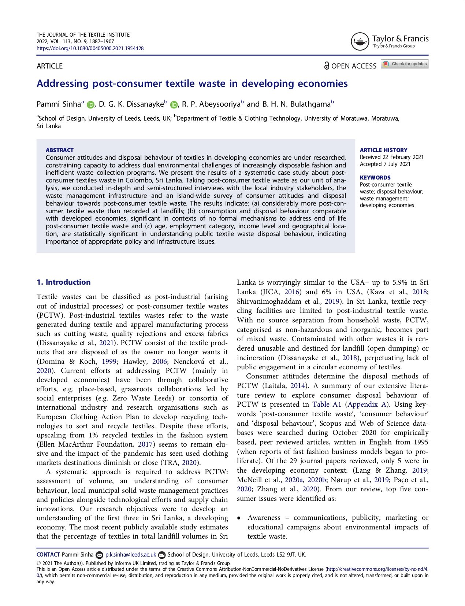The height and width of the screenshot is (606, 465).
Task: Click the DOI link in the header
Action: click(x=90, y=48)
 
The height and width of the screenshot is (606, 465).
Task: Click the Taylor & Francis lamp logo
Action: click(x=360, y=42)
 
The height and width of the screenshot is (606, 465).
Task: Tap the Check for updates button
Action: click(x=405, y=64)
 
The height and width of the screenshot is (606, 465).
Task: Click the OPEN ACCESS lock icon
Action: click(x=326, y=66)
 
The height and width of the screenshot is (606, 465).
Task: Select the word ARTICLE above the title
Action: click(x=50, y=66)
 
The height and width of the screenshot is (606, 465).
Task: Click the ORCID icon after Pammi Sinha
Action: click(x=90, y=105)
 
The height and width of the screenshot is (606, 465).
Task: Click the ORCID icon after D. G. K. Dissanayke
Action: click(x=174, y=105)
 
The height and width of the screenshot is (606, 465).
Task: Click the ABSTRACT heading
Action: click(x=60, y=150)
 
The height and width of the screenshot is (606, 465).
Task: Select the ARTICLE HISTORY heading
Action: click(x=383, y=150)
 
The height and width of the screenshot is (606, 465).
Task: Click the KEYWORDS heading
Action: click(x=375, y=178)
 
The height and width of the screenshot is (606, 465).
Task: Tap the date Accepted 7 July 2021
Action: click(x=385, y=164)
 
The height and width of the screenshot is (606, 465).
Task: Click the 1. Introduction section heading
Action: click(x=64, y=282)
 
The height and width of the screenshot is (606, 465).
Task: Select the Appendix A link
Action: click(x=367, y=404)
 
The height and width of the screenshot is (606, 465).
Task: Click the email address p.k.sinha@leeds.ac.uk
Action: click(x=131, y=555)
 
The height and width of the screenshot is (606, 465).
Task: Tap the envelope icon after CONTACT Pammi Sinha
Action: click(x=99, y=555)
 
